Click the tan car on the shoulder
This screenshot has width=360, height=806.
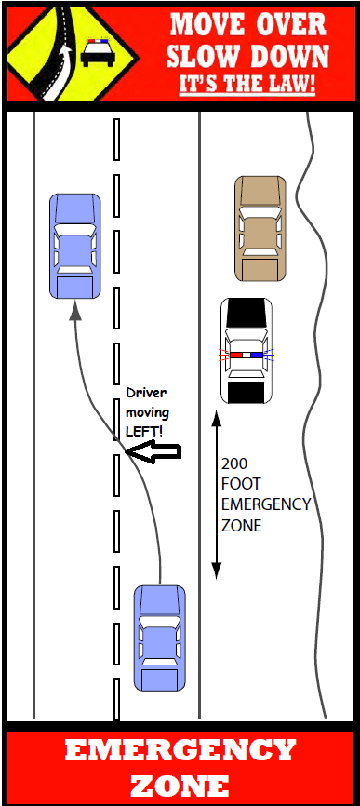pyautogui.click(x=260, y=228)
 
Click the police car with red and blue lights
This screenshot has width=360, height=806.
pyautogui.click(x=247, y=351)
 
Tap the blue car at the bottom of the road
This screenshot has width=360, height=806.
pyautogui.click(x=159, y=638)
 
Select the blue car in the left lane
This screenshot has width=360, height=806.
pyautogui.click(x=74, y=245)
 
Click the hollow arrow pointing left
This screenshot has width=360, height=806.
pyautogui.click(x=152, y=453)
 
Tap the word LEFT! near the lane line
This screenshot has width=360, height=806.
pyautogui.click(x=143, y=432)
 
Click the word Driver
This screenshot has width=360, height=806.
pyautogui.click(x=147, y=395)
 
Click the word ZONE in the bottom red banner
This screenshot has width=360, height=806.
pyautogui.click(x=180, y=784)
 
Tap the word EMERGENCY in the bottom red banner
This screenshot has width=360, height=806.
pyautogui.click(x=180, y=750)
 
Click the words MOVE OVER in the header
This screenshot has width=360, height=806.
pyautogui.click(x=247, y=24)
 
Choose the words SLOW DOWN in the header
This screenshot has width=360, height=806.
pyautogui.click(x=247, y=55)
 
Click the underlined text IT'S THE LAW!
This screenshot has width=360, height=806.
pyautogui.click(x=247, y=85)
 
